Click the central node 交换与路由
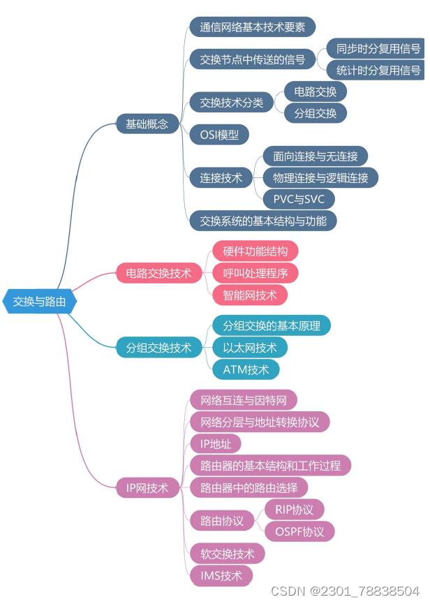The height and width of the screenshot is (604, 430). click(x=40, y=302)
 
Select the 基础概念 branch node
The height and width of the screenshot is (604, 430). click(x=147, y=124)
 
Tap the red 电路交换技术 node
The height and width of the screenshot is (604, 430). click(x=158, y=273)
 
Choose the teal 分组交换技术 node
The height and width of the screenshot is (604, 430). click(x=158, y=347)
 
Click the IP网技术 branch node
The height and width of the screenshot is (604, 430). click(x=147, y=488)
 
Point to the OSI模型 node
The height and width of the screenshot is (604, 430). click(x=219, y=134)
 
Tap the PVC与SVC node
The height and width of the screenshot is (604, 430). click(x=299, y=199)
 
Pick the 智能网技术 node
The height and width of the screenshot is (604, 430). click(x=250, y=295)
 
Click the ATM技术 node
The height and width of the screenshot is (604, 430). click(x=246, y=369)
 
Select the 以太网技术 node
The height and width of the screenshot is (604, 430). click(x=250, y=347)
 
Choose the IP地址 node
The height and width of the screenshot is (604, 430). click(x=216, y=443)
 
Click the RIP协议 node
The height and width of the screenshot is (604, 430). click(x=295, y=509)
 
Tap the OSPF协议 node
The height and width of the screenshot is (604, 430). click(x=299, y=531)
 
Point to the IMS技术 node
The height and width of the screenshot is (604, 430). click(x=221, y=575)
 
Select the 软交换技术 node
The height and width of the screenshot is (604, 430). click(x=228, y=554)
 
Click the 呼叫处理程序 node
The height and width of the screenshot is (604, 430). click(x=255, y=272)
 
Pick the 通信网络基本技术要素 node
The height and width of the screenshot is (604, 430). click(x=253, y=27)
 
